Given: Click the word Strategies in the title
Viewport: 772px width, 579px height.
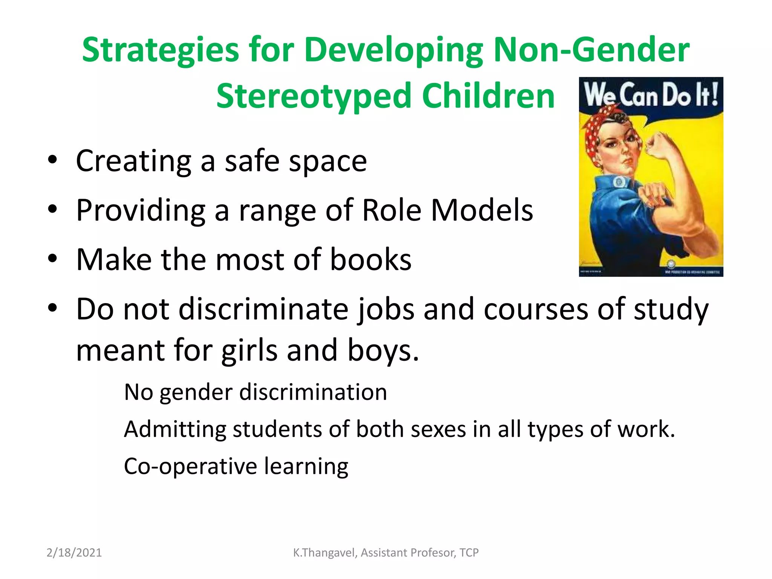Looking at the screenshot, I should [161, 51].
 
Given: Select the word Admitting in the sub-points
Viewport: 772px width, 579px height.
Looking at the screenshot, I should [175, 429].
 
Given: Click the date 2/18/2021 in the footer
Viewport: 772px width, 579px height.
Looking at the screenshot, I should [74, 553].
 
